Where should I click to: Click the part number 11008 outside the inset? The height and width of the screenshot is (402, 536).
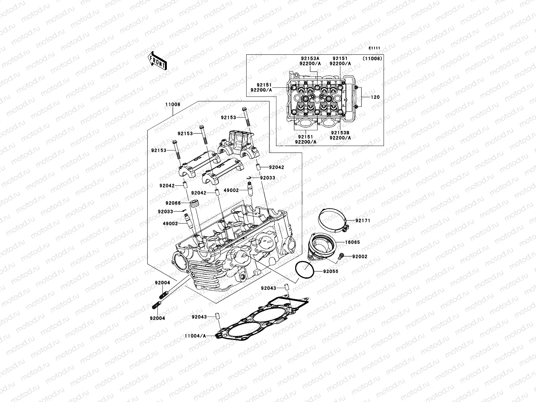pyautogui.click(x=172, y=104)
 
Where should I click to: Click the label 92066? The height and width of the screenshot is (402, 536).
pyautogui.click(x=173, y=203)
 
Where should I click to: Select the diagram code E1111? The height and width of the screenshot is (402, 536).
pyautogui.click(x=374, y=48)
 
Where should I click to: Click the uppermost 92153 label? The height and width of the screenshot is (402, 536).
pyautogui.click(x=228, y=118)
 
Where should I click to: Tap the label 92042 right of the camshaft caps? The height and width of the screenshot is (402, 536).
pyautogui.click(x=276, y=167)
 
